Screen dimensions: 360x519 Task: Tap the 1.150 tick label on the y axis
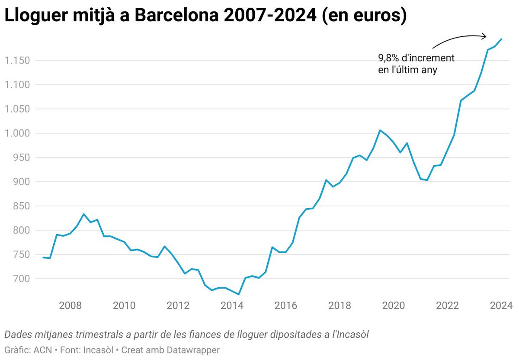[17, 60]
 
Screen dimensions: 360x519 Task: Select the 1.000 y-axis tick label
[17, 133]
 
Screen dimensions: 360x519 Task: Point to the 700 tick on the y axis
[20, 279]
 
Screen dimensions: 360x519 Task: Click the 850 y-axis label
[20, 206]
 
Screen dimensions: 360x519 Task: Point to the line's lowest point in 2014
[238, 295]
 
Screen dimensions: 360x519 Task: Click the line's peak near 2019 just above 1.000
[380, 130]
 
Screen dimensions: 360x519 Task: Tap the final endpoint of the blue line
[501, 39]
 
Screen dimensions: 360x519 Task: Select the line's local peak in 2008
[83, 214]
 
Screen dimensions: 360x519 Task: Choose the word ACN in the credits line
[42, 350]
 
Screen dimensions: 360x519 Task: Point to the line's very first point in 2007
[43, 257]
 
